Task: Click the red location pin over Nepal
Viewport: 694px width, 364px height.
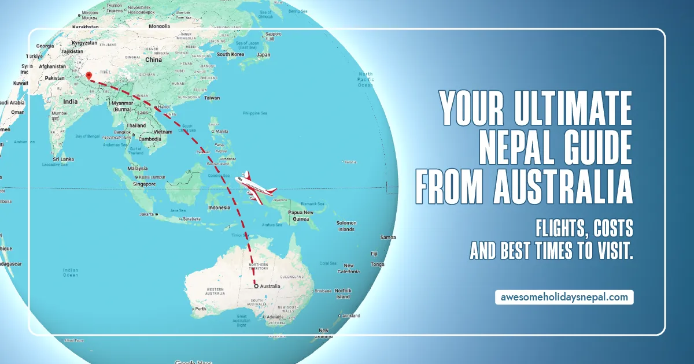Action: pyautogui.click(x=88, y=76)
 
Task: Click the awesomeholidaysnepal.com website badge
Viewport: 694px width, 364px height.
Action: pyautogui.click(x=564, y=298)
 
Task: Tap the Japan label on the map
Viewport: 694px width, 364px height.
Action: pyautogui.click(x=263, y=55)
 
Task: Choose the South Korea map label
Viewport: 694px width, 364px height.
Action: pyautogui.click(x=230, y=54)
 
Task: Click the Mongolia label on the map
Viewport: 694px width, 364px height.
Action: pyautogui.click(x=158, y=26)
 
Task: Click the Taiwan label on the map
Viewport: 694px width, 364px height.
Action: pyautogui.click(x=212, y=98)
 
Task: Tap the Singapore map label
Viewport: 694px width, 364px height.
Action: pyautogui.click(x=143, y=184)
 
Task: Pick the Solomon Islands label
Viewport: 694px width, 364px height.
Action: pyautogui.click(x=347, y=226)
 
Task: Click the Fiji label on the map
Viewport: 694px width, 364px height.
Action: pyautogui.click(x=374, y=254)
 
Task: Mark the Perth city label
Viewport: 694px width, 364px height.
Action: pyautogui.click(x=201, y=309)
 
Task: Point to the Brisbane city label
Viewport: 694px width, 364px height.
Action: pyautogui.click(x=323, y=291)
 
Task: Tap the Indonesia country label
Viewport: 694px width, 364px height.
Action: pyautogui.click(x=219, y=207)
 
